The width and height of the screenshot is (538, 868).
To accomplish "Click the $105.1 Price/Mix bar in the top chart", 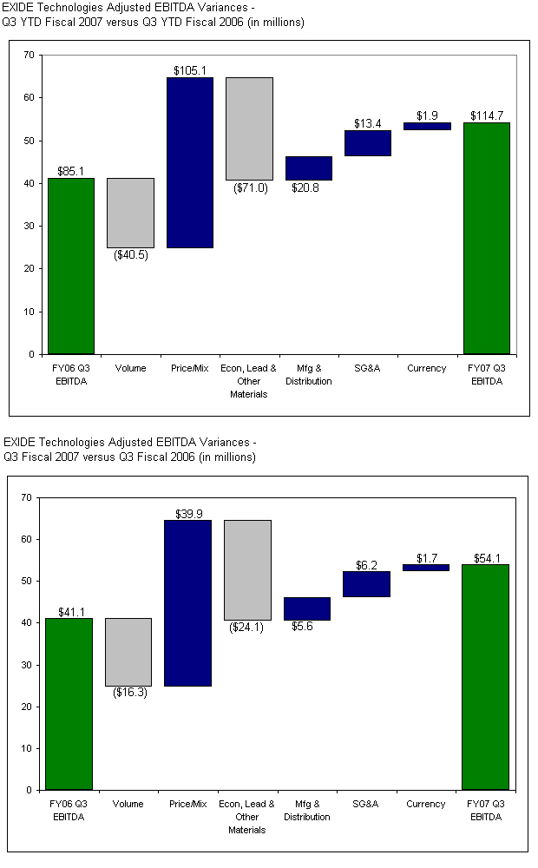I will [x=190, y=162].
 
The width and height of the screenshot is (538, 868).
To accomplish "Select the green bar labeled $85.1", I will [x=71, y=266].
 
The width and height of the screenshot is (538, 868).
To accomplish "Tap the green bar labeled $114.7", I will [x=487, y=238].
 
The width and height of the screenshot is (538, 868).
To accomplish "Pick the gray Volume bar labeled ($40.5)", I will [x=130, y=213].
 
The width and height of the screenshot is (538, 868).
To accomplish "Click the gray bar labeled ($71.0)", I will [x=249, y=128].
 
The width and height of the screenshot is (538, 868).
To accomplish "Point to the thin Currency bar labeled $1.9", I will [x=427, y=126].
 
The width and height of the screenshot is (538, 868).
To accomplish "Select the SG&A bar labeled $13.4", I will [x=368, y=143].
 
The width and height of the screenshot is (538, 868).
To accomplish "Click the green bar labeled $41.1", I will [x=69, y=704].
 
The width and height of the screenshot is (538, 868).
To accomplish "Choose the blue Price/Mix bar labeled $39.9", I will [x=188, y=602].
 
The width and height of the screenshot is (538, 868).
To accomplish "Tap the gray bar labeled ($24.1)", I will [x=247, y=569].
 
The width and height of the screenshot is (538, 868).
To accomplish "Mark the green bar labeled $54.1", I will [x=485, y=677].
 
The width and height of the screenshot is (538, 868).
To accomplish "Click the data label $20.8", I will [x=305, y=187].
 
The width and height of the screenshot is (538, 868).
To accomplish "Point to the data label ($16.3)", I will [x=129, y=693].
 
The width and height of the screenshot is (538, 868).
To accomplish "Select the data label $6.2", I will [x=366, y=564].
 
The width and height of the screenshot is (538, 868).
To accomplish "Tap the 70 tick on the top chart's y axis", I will [x=29, y=55].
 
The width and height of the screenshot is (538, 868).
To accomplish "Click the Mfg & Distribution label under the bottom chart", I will [x=307, y=811].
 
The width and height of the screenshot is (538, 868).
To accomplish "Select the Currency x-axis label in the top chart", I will [x=427, y=369].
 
